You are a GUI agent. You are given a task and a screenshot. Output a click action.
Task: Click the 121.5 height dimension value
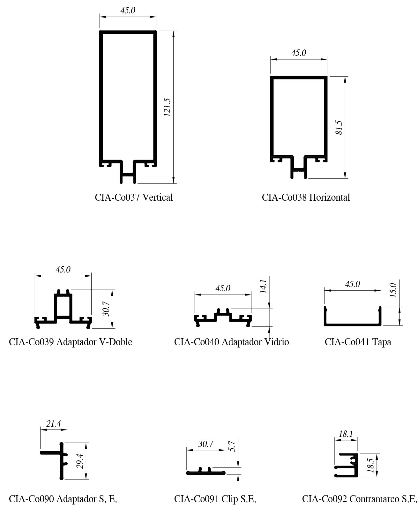tap(168, 107)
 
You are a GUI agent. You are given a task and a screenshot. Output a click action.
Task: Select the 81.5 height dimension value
tap(339, 127)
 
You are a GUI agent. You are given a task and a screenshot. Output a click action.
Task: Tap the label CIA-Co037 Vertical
tap(134, 197)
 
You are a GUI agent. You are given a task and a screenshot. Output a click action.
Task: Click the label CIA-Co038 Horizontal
tap(306, 197)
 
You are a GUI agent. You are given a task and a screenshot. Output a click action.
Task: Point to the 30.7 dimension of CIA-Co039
tap(106, 309)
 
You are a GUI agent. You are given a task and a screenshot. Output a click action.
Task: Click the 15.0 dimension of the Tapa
tap(393, 290)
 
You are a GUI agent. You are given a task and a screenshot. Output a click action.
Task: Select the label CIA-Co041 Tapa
tap(358, 342)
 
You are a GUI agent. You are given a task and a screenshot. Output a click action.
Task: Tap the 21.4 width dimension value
tap(53, 424)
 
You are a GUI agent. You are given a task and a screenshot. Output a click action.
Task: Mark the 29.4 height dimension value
tap(80, 461)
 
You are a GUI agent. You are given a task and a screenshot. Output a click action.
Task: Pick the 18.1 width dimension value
tap(346, 434)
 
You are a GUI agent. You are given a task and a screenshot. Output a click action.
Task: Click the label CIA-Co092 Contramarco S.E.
tap(359, 499)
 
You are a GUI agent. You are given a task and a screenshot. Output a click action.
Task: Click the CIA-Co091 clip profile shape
tap(206, 473)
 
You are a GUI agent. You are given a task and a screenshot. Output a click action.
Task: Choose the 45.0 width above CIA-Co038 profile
tap(298, 53)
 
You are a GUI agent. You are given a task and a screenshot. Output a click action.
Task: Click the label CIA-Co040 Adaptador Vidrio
tap(231, 342)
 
